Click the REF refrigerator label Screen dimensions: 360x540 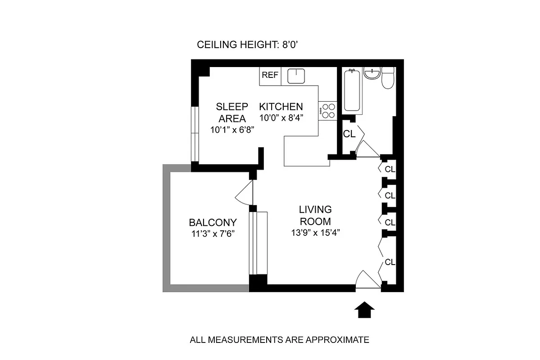point(270,76)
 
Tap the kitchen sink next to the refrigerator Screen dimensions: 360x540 point(297,76)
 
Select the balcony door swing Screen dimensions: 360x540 point(244,194)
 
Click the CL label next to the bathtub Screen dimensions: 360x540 point(349,134)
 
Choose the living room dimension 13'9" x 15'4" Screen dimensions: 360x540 point(315,233)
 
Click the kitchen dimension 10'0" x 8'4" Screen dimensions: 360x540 point(281,118)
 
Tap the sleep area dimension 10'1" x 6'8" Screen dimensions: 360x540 point(232,130)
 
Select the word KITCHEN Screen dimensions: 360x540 point(281,107)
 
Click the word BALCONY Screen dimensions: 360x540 point(213,222)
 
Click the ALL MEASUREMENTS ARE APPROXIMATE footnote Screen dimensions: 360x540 point(279,340)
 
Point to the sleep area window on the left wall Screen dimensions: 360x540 point(195,134)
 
